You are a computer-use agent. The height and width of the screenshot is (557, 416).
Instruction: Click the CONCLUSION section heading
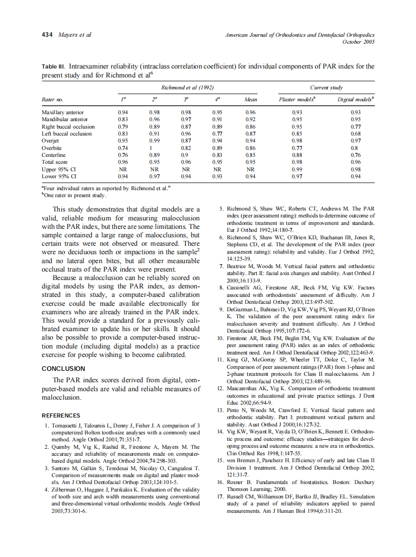point(63,369)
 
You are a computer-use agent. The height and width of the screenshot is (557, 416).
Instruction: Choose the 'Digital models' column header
point(355,99)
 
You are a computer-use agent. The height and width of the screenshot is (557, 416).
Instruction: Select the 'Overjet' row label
point(50,141)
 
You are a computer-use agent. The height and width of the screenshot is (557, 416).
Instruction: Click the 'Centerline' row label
point(54,155)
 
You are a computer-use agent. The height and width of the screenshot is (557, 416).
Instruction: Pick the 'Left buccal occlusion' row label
point(67,134)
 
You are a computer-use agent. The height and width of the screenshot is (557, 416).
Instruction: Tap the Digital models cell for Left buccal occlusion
point(355,134)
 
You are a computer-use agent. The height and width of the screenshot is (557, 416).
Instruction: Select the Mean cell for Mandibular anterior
point(251,119)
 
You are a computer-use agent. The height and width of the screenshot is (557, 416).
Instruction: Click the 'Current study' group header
point(326,87)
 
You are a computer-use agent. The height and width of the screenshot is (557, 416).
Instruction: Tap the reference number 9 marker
point(222,310)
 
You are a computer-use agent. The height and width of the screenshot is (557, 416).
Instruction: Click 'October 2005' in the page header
point(358,42)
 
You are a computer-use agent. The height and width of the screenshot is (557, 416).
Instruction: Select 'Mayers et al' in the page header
point(74,35)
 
